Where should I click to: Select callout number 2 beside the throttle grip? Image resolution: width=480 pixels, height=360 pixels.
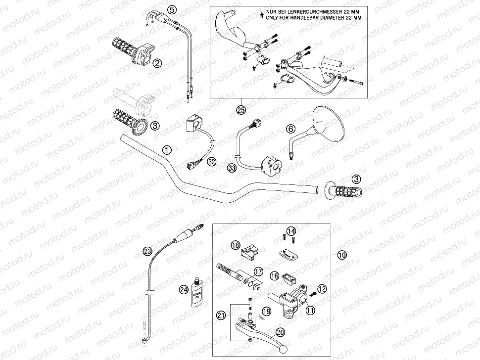(x=157, y=63)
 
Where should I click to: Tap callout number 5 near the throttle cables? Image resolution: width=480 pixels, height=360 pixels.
(x=172, y=9)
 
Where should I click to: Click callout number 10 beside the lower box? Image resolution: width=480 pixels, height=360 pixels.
(x=342, y=255)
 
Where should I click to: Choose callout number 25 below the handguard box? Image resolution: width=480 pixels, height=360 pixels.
(x=241, y=109)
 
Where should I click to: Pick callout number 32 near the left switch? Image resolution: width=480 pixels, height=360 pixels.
(x=212, y=161)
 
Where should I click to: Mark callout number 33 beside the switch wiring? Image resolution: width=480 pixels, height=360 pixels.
(x=231, y=169)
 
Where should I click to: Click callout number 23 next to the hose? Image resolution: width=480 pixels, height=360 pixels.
(x=147, y=250)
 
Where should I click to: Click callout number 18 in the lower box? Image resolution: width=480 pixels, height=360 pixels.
(x=235, y=245)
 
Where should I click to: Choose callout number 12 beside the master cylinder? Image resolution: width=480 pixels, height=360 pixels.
(x=322, y=289)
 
